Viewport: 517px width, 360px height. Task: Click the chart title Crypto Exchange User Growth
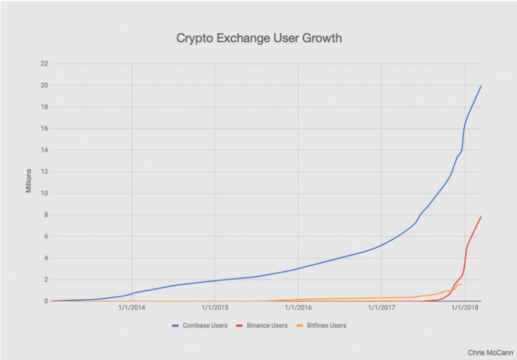[259, 38]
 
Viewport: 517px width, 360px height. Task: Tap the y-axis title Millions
[29, 181]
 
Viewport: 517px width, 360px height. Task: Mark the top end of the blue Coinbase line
[481, 86]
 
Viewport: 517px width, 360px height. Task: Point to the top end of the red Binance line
[481, 217]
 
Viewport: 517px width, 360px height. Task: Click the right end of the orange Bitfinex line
[461, 284]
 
